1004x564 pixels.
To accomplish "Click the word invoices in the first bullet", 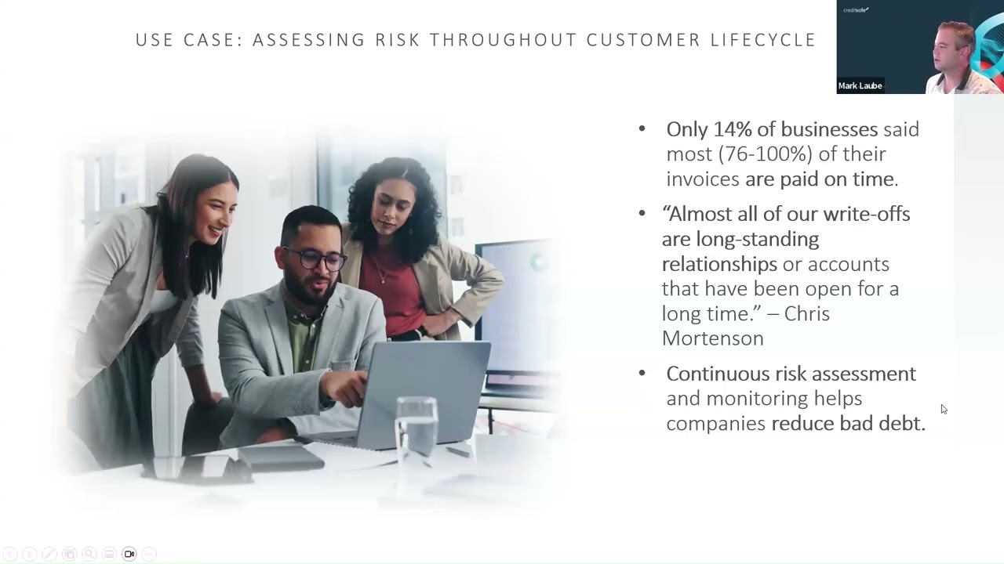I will pos(703,179).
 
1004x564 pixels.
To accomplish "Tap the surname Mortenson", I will pos(712,338).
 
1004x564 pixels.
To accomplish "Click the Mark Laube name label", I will pos(860,85).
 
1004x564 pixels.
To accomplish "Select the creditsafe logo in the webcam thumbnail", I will pos(856,10).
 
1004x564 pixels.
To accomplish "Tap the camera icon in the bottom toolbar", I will pos(129,555).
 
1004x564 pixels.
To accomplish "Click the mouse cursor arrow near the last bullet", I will pos(944,409).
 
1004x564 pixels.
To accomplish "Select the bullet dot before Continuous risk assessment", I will pos(642,374).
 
